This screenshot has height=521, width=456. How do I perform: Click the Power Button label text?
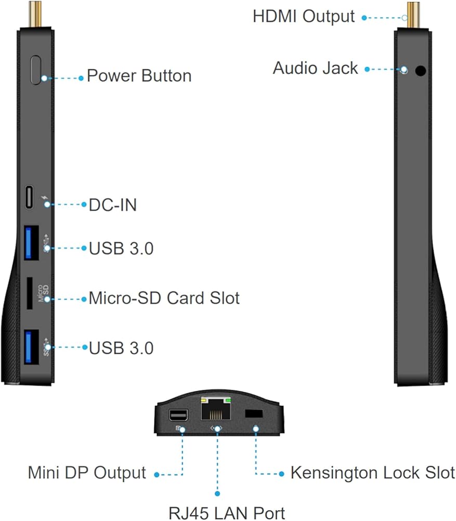[x=139, y=76]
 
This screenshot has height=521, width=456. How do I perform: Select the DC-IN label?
[x=113, y=205]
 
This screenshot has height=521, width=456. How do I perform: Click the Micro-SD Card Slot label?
[x=164, y=299]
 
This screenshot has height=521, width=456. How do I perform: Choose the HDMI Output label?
[x=304, y=16]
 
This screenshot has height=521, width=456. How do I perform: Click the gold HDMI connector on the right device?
[x=413, y=14]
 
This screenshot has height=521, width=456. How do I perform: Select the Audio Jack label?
[x=315, y=68]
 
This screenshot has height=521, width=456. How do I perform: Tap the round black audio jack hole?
[x=420, y=70]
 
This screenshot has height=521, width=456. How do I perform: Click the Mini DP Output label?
[x=87, y=473]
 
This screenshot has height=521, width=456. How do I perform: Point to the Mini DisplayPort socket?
[x=178, y=416]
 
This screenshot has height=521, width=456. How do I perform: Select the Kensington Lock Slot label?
[x=372, y=473]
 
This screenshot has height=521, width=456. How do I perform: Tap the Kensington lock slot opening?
[x=253, y=413]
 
